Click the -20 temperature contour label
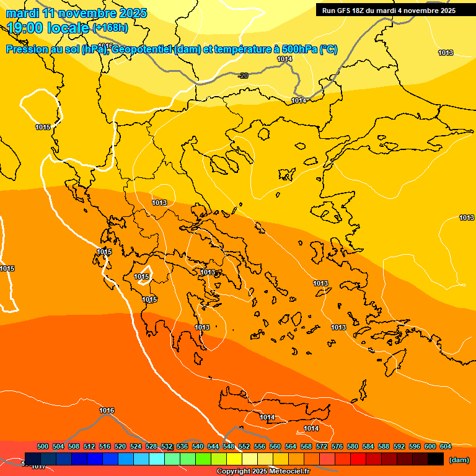pos(244,76)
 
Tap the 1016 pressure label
pos(107,410)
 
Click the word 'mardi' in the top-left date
pos(22,13)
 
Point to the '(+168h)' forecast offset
pos(110,28)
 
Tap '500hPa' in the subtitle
pos(299,50)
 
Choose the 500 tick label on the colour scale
pos(43,446)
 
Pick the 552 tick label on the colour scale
pos(244,446)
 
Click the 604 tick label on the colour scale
pos(446,446)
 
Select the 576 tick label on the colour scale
pos(337,446)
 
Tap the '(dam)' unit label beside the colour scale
pos(459,460)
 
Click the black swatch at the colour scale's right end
pos(436,459)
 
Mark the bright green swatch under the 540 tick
pos(203,459)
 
